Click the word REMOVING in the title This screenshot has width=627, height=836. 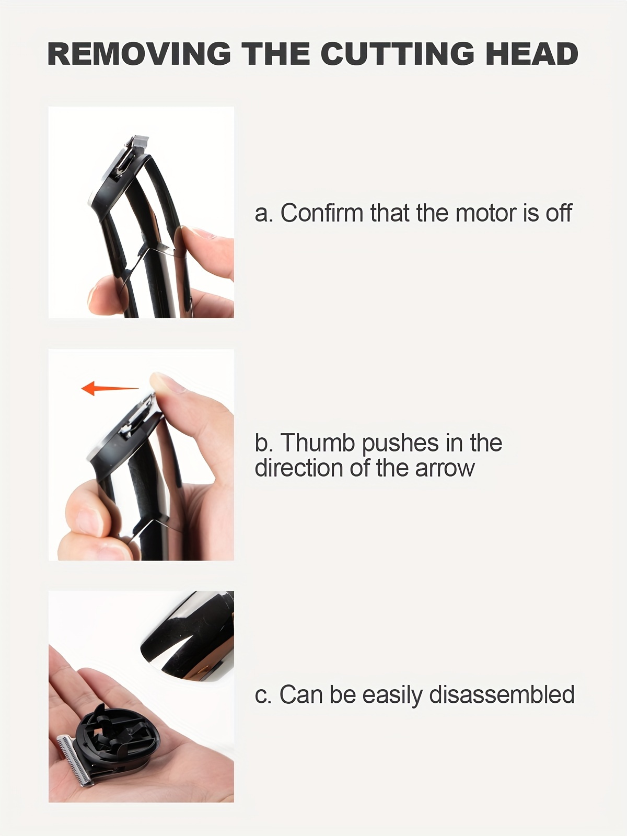click(x=140, y=54)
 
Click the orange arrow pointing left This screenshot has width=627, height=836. click(x=110, y=389)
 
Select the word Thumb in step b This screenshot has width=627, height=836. click(x=318, y=443)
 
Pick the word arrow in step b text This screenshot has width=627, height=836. click(x=445, y=469)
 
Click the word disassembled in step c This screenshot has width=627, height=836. click(x=502, y=694)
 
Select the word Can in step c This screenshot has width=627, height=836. click(x=301, y=695)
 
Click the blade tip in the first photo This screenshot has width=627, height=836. click(x=140, y=141)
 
